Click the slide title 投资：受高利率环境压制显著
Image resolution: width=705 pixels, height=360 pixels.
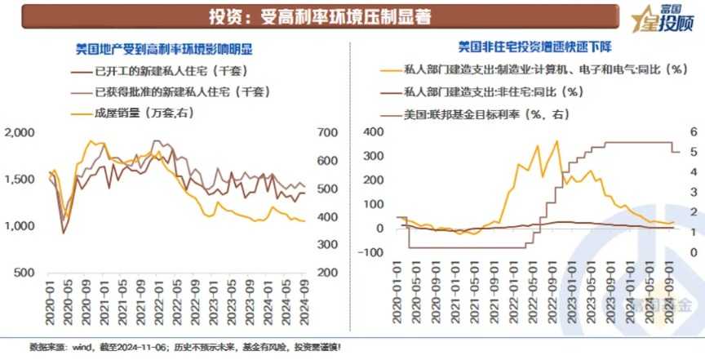[319, 16]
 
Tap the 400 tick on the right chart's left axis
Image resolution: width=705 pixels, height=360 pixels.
[373, 131]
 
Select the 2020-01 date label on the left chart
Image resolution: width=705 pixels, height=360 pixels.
[51, 303]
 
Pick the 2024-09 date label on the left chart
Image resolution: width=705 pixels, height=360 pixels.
[303, 303]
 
